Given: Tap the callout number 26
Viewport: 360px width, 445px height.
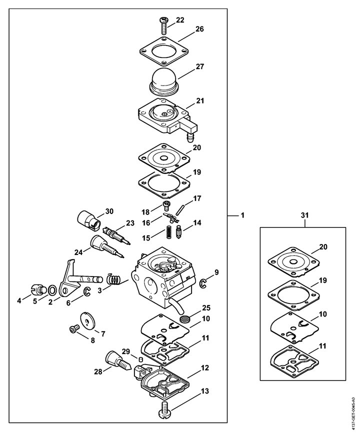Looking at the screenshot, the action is (x=199, y=29).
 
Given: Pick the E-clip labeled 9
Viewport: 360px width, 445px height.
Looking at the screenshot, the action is (x=203, y=283).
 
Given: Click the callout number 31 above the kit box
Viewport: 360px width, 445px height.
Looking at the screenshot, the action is (x=304, y=215).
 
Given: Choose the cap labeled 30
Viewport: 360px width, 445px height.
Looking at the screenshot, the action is (x=88, y=221).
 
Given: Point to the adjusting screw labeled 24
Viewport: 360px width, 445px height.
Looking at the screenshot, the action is (x=106, y=246).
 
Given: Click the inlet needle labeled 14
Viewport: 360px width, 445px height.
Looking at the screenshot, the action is (x=179, y=232).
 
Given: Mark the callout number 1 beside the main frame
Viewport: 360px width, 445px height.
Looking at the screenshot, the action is (x=242, y=215).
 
